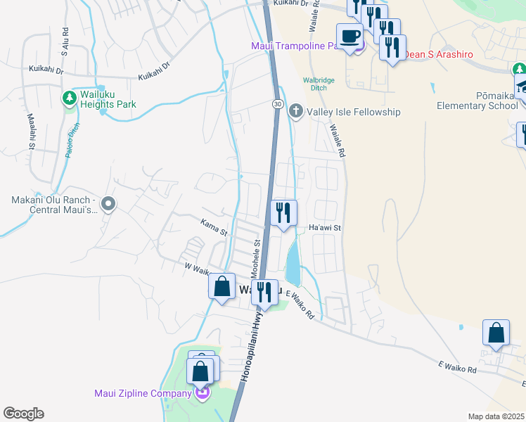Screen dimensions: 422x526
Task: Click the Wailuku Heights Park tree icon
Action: click(x=70, y=98)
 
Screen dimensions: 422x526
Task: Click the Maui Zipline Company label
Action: click(x=143, y=392)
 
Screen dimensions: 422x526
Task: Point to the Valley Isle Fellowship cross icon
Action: click(x=296, y=111)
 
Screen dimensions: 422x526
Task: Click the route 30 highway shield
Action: click(x=278, y=103)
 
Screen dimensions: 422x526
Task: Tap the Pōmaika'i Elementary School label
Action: click(x=477, y=100)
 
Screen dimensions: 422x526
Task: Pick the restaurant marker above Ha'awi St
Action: click(x=284, y=212)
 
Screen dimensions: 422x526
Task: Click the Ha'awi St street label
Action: click(x=324, y=228)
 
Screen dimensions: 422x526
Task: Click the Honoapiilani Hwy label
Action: click(x=250, y=345)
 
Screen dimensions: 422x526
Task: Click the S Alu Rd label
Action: click(x=64, y=41)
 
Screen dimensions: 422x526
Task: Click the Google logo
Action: click(x=23, y=413)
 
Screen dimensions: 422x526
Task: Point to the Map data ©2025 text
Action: click(x=496, y=416)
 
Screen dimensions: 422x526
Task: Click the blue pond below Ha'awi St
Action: click(x=293, y=264)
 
